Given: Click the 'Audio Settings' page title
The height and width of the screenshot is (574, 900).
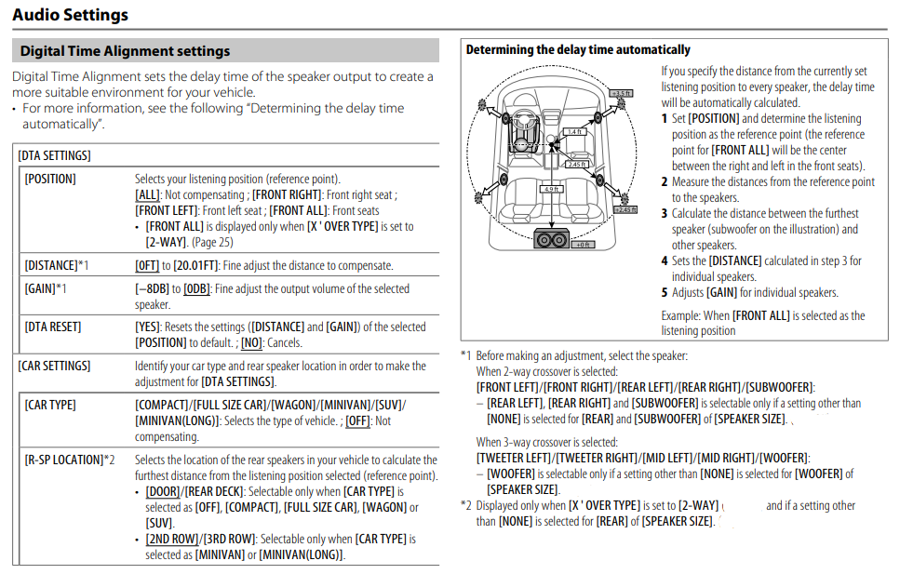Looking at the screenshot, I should click(x=71, y=15).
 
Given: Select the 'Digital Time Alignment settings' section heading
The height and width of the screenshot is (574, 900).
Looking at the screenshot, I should click(x=125, y=51).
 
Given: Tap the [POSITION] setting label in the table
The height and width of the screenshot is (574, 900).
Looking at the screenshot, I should click(x=50, y=179).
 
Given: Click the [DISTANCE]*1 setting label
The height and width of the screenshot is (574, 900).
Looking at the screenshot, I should click(x=57, y=265).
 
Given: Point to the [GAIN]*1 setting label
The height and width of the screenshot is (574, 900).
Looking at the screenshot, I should click(x=46, y=288).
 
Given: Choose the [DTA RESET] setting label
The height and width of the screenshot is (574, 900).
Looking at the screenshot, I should click(x=53, y=327).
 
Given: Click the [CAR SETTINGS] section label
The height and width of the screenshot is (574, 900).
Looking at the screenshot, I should click(x=54, y=366).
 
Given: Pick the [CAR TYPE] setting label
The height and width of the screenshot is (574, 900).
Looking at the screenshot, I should click(x=50, y=405).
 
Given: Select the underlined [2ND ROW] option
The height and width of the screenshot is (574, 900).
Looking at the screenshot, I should click(x=171, y=539).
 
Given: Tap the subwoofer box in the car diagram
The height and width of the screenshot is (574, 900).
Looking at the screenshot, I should click(x=552, y=237).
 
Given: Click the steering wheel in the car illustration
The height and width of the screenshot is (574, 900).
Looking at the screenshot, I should click(x=521, y=142).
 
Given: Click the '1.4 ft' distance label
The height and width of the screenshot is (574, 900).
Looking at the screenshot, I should click(x=573, y=132).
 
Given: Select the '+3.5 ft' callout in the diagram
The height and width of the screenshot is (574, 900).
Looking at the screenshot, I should click(x=621, y=94).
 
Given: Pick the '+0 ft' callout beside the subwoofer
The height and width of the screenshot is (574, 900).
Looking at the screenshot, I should click(x=583, y=245).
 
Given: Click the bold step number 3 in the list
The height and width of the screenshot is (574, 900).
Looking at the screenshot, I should click(x=665, y=213).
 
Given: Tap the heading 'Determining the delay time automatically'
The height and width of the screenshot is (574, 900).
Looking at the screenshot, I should click(x=578, y=49).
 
